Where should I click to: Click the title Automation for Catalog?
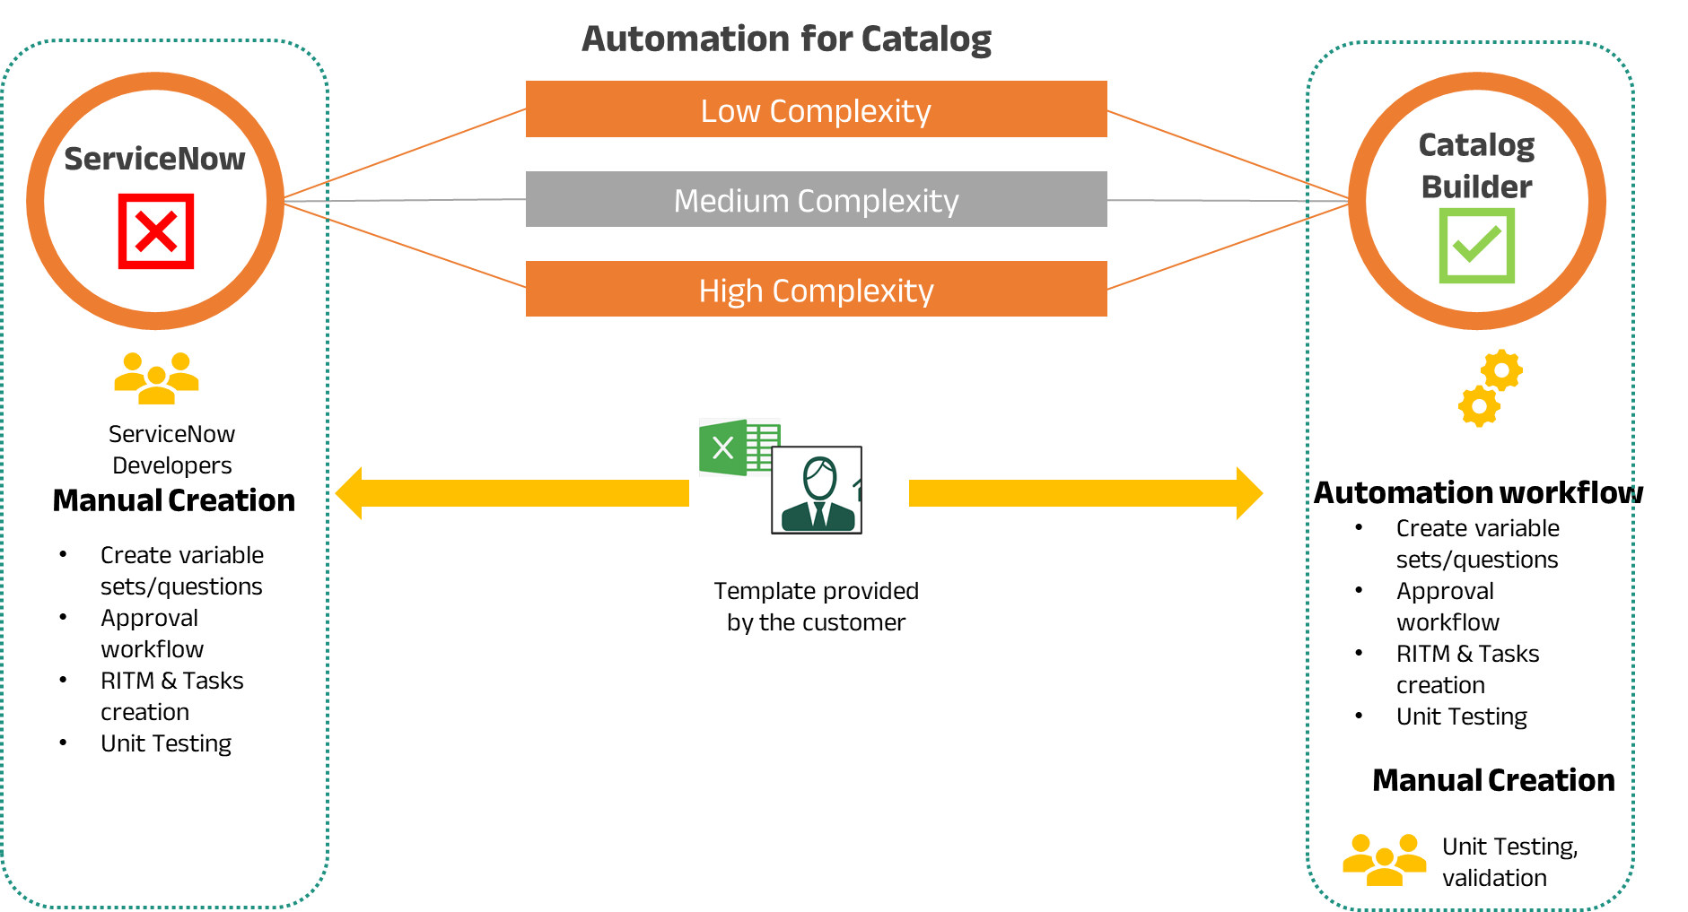coord(786,39)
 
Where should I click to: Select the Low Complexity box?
coord(816,109)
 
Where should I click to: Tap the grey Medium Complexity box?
coord(816,199)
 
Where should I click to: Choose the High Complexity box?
coord(816,289)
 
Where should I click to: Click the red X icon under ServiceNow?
coord(156,231)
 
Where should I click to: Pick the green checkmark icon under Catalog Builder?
coord(1476,246)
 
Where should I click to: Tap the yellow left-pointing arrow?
coord(512,493)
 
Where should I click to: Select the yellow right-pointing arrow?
coord(1086,493)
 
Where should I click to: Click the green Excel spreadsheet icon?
coord(738,447)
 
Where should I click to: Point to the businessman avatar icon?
coord(817,490)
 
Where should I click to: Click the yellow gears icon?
coord(1491,387)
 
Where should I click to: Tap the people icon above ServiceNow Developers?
coord(156,378)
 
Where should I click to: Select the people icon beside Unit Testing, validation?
coord(1384,860)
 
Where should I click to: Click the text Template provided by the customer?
coord(816,606)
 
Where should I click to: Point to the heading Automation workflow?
coord(1478,492)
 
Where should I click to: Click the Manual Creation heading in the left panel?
coord(174,500)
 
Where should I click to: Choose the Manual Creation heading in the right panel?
coord(1493,780)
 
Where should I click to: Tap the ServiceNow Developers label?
coord(171,449)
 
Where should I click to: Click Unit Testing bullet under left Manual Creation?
coord(166,743)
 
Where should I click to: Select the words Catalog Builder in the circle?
coord(1476,165)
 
